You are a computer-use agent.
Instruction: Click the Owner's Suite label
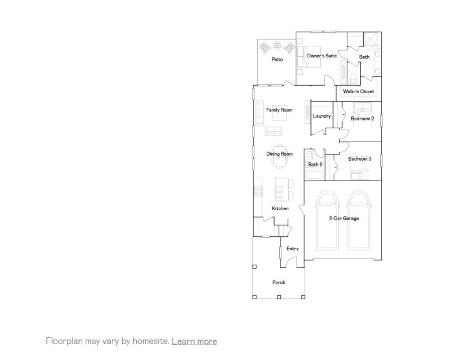point(322,57)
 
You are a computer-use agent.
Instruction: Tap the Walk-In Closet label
point(358,91)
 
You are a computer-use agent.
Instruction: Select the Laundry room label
point(322,116)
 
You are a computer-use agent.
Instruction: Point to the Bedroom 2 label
point(362,119)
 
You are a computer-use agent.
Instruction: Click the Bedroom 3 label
point(359,159)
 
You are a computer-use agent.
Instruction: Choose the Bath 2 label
point(315,165)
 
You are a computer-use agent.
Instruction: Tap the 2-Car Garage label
point(343,218)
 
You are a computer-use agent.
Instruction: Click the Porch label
point(279,282)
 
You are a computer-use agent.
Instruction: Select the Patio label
point(277,59)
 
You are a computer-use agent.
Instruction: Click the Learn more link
point(194,341)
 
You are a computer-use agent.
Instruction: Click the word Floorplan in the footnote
point(64,341)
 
